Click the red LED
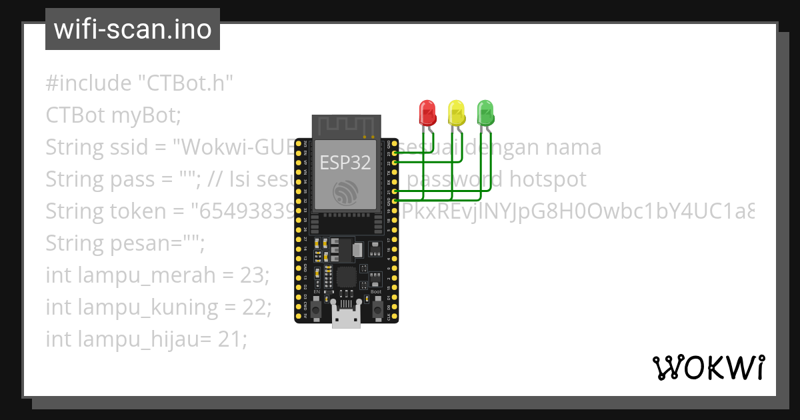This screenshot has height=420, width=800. (427, 111)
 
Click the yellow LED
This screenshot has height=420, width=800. (456, 111)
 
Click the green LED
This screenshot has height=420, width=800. (485, 111)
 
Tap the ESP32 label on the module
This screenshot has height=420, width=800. (345, 162)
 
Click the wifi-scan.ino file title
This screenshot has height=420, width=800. (133, 29)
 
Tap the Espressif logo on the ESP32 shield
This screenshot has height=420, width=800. (345, 191)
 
